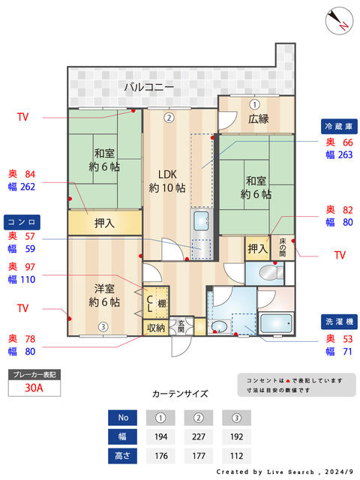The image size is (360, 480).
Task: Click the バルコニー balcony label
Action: (149, 88)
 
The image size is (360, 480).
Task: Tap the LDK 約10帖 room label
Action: (166, 180)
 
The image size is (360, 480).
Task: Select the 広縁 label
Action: (258, 119)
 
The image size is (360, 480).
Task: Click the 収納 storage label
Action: (155, 327)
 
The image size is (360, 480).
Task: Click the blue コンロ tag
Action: (22, 222)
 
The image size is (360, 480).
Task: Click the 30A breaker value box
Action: (33, 388)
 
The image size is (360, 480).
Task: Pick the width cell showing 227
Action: (199, 436)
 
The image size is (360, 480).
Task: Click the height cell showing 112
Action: (237, 454)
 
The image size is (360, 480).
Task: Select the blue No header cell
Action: (124, 417)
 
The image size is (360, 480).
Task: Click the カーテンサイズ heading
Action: (180, 393)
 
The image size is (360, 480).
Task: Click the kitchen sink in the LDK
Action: (202, 221)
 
